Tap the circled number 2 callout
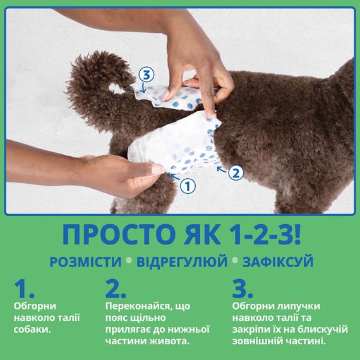234,171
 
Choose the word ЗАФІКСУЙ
276,261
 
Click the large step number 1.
23,289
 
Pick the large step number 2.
116,289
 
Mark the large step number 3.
242,289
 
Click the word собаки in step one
30,329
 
